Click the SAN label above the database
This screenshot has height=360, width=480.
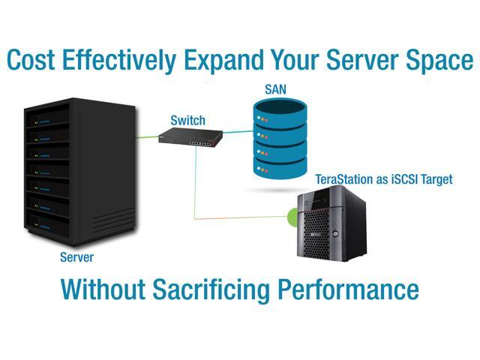click(275, 90)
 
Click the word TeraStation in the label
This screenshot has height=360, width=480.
click(342, 180)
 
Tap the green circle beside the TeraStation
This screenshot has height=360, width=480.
click(293, 219)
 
